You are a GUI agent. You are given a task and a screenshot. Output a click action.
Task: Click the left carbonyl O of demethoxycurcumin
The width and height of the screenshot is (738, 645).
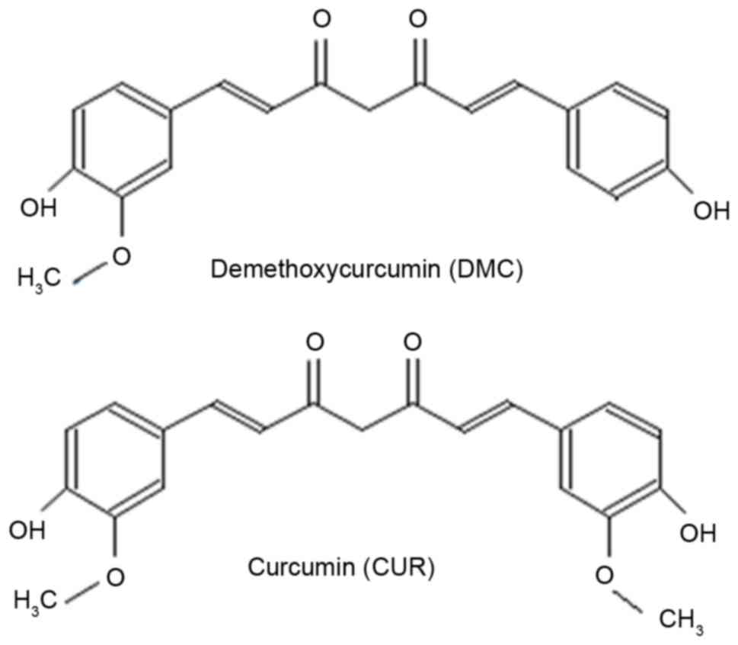point(321,31)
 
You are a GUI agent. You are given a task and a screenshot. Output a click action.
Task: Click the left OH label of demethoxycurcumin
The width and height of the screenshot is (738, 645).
point(39,208)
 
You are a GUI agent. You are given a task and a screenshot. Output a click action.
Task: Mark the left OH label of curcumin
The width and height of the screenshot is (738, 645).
point(27,529)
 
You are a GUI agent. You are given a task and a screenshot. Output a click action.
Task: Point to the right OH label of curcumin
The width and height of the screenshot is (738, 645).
point(698,533)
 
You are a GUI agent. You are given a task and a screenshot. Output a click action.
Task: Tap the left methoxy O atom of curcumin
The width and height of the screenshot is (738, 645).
point(114,577)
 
